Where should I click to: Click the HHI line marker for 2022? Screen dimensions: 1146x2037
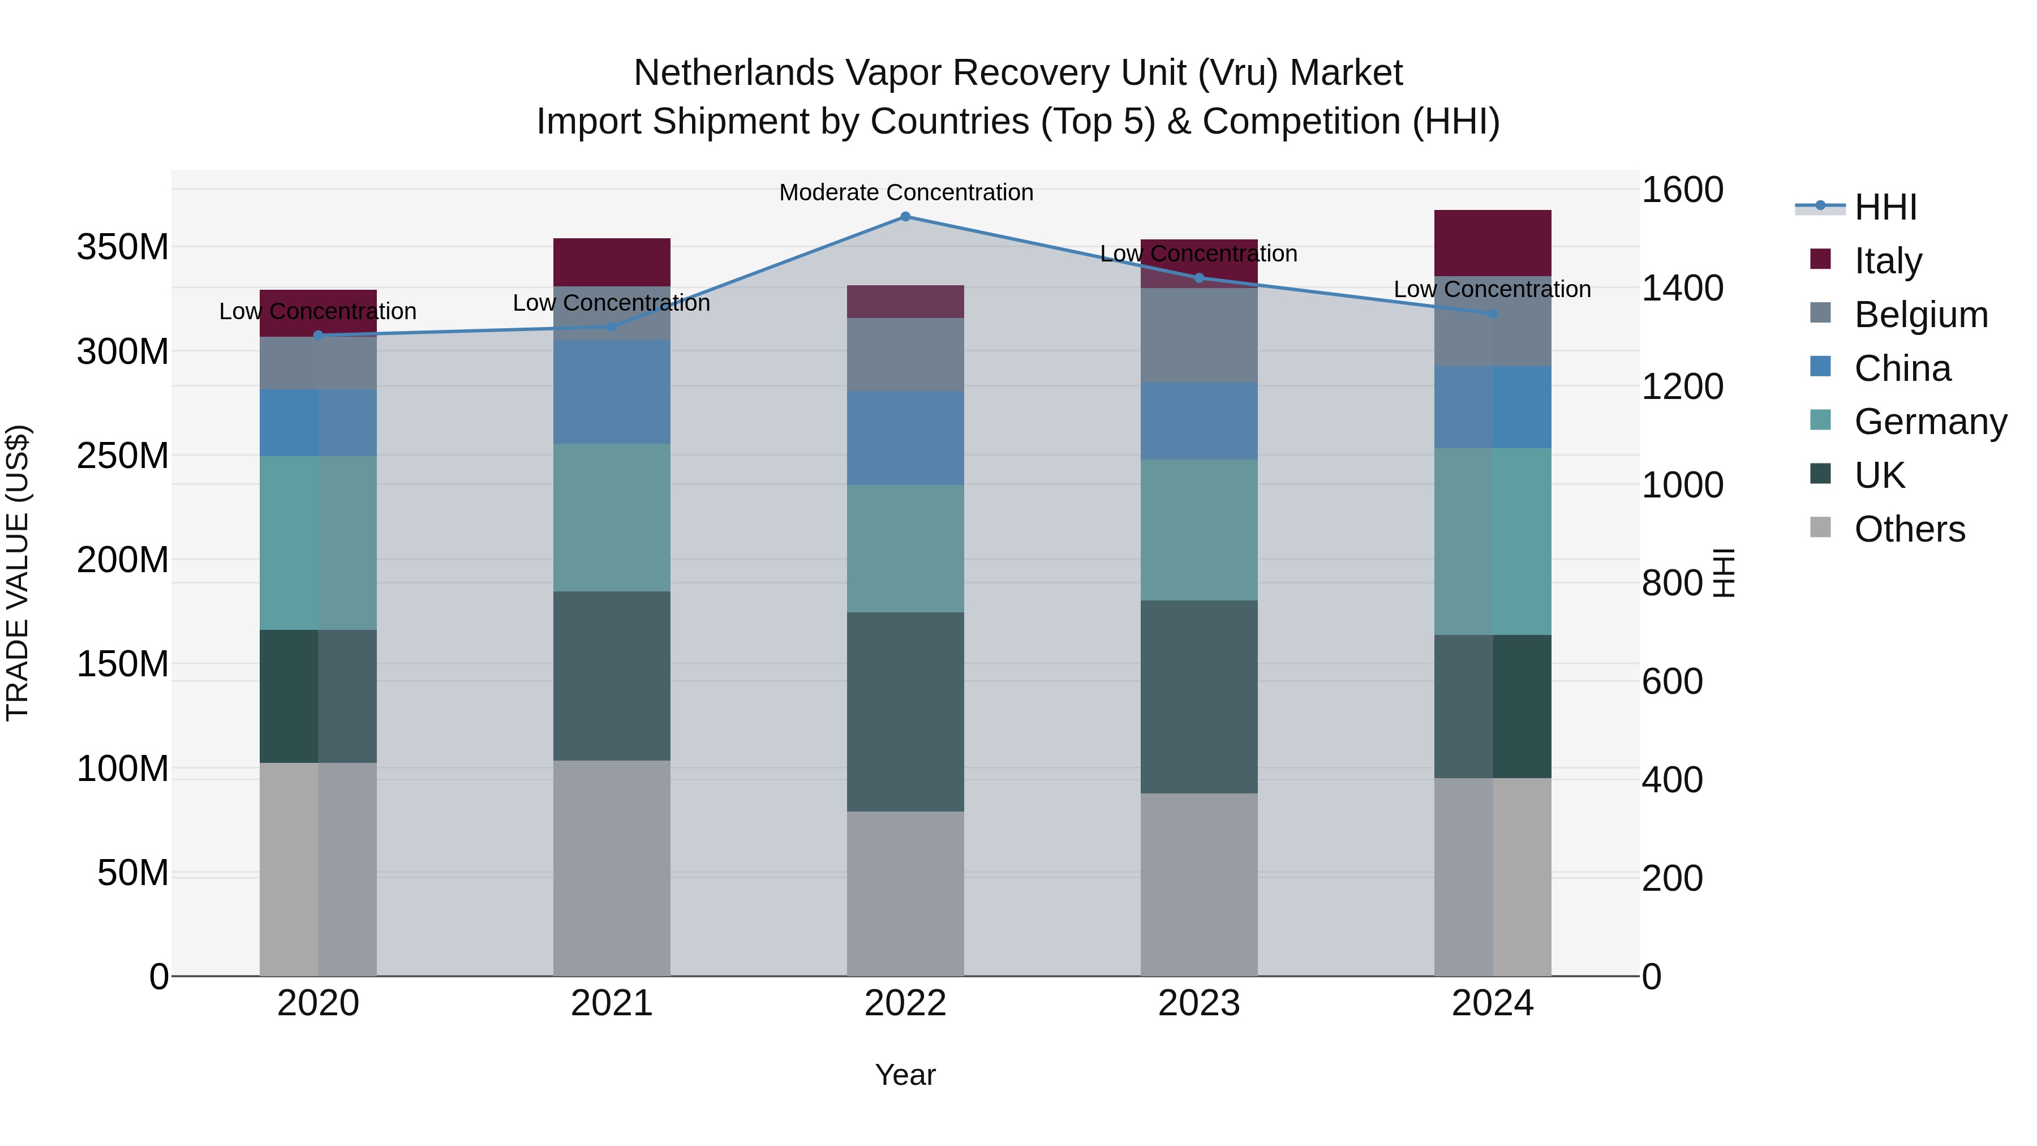pyautogui.click(x=905, y=217)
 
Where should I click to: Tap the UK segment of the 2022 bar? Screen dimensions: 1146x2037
pyautogui.click(x=905, y=712)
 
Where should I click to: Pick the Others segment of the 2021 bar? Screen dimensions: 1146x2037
pyautogui.click(x=611, y=868)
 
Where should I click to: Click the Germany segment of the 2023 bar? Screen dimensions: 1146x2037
pyautogui.click(x=1199, y=530)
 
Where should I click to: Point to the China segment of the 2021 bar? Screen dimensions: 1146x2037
pyautogui.click(x=611, y=392)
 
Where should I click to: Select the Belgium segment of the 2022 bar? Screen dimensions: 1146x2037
pyautogui.click(x=905, y=354)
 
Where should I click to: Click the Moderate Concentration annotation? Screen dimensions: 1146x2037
pyautogui.click(x=905, y=192)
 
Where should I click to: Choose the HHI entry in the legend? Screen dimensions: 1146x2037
pyautogui.click(x=1885, y=207)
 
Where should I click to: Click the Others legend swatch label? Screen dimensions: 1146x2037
pyautogui.click(x=1909, y=529)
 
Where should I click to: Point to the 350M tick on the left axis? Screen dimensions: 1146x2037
pyautogui.click(x=123, y=247)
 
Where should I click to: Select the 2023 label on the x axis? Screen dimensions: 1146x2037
pyautogui.click(x=1199, y=1003)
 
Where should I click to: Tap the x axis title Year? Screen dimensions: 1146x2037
pyautogui.click(x=905, y=1075)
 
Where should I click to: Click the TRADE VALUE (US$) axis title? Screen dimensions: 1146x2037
pyautogui.click(x=18, y=573)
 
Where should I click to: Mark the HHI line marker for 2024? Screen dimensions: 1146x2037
pyautogui.click(x=1492, y=314)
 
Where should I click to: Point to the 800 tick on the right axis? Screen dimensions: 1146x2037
pyautogui.click(x=1671, y=583)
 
